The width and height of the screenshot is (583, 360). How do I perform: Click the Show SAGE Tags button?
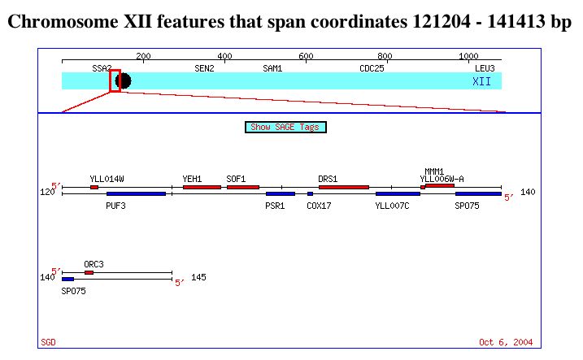(285, 127)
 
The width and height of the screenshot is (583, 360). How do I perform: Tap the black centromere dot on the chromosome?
(124, 81)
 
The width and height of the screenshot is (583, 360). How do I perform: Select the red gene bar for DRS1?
(344, 187)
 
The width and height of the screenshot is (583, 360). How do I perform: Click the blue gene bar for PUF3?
(136, 194)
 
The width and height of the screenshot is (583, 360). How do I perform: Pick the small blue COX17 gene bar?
(310, 194)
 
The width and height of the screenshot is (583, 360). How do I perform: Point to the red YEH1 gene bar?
(202, 187)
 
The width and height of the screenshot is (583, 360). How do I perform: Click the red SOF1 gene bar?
(243, 187)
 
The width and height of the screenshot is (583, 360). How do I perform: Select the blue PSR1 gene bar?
(281, 194)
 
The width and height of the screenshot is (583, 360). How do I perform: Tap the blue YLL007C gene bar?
(398, 194)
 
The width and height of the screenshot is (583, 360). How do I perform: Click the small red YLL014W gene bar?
(94, 187)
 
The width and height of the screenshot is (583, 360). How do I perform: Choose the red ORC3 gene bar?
(89, 273)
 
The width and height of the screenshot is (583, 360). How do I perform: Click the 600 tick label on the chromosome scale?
(306, 56)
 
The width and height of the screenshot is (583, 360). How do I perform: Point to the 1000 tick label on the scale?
(468, 56)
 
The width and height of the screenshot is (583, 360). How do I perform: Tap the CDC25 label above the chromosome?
(372, 68)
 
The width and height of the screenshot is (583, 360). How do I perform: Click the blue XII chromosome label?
(482, 81)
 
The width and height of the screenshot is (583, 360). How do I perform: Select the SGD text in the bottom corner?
(48, 342)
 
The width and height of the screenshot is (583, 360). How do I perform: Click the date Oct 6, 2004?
(506, 342)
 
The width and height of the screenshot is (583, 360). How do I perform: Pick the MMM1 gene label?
(434, 171)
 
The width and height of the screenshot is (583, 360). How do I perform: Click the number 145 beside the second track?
(198, 277)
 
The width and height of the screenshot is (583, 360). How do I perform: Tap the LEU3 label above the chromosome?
(485, 68)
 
